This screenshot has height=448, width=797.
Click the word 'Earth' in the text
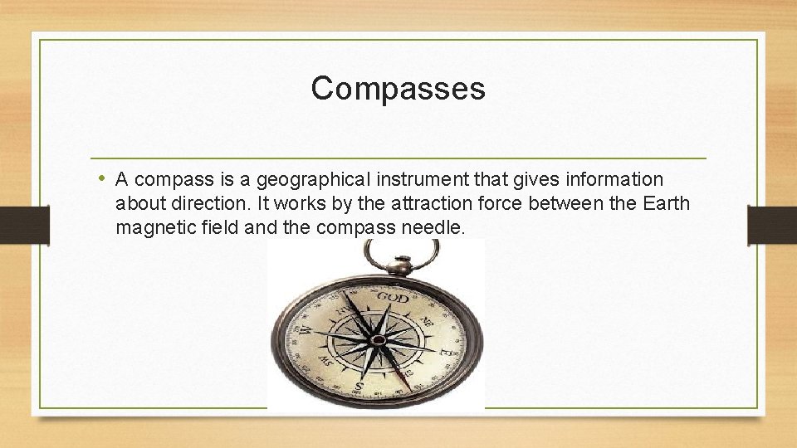pos(666,203)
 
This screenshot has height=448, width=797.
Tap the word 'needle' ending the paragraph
pos(434,226)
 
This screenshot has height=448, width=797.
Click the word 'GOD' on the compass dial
pos(393,297)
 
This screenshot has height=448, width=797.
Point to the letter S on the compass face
pos(359,387)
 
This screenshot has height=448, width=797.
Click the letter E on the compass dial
pos(446,351)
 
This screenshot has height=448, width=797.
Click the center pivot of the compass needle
pos(377,339)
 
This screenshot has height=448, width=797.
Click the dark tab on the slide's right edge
pos(771,224)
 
